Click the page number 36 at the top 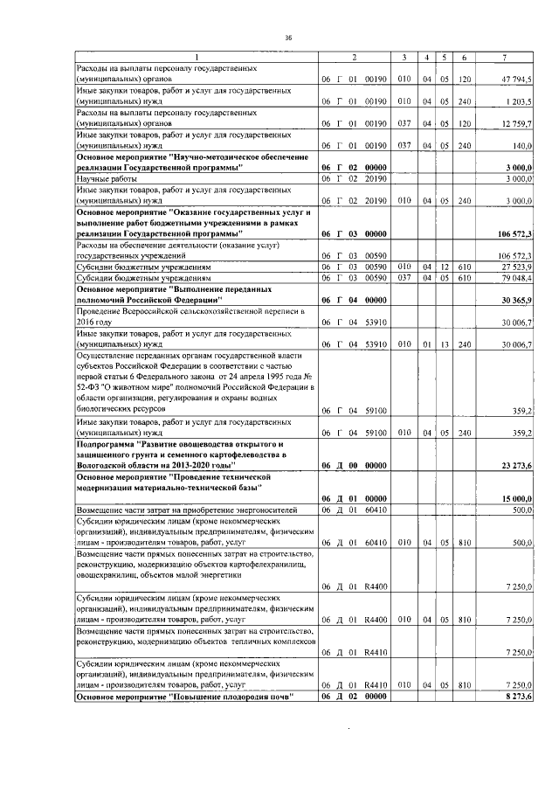287,37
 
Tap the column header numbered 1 196,58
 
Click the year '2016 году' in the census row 96,323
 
